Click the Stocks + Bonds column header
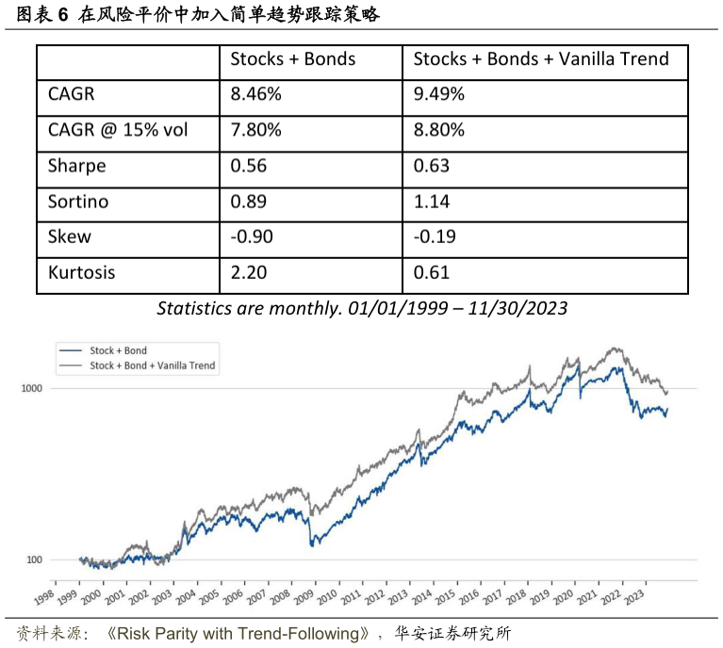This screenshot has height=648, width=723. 293,59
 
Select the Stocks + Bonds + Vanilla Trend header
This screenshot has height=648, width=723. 541,59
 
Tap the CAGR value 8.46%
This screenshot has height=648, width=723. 256,95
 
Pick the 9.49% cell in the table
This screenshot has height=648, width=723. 438,95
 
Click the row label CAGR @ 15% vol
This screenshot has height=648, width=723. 118,131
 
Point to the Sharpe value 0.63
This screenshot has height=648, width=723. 432,167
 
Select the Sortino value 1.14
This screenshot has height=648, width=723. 432,202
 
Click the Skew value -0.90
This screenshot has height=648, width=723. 252,237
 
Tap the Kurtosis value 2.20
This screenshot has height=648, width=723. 249,273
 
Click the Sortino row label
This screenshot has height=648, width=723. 78,202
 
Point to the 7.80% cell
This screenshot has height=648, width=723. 256,131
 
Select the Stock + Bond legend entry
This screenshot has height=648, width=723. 118,350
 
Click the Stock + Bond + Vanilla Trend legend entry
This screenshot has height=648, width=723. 151,364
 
